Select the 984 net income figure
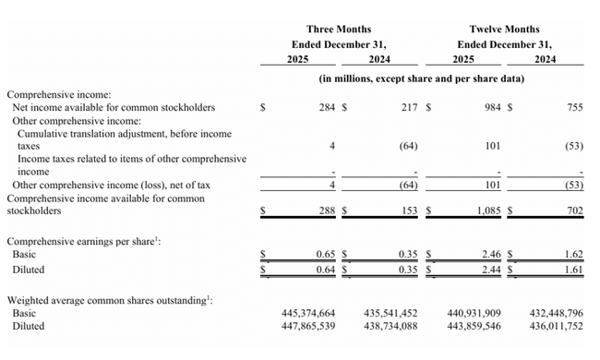[486, 107]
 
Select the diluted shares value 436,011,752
[549, 327]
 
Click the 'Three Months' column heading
[339, 30]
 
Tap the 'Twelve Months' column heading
[504, 30]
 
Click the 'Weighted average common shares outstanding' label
[108, 300]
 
